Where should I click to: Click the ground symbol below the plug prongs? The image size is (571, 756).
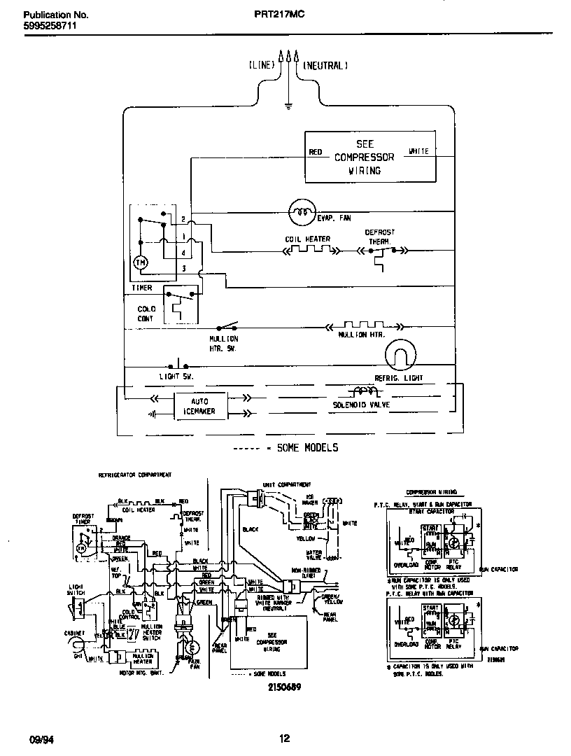(x=288, y=107)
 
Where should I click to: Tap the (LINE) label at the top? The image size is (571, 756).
(x=262, y=65)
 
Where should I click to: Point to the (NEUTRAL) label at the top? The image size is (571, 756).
(x=325, y=65)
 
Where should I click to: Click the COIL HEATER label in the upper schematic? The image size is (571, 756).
(x=307, y=239)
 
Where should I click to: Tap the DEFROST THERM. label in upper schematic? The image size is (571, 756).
(x=379, y=236)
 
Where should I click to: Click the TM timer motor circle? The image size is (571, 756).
(x=140, y=262)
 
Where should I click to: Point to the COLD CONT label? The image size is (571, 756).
(x=146, y=314)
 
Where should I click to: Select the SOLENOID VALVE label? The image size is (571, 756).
(x=361, y=405)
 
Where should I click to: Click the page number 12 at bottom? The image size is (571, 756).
(x=284, y=738)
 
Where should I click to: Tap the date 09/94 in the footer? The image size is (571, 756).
(x=40, y=738)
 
